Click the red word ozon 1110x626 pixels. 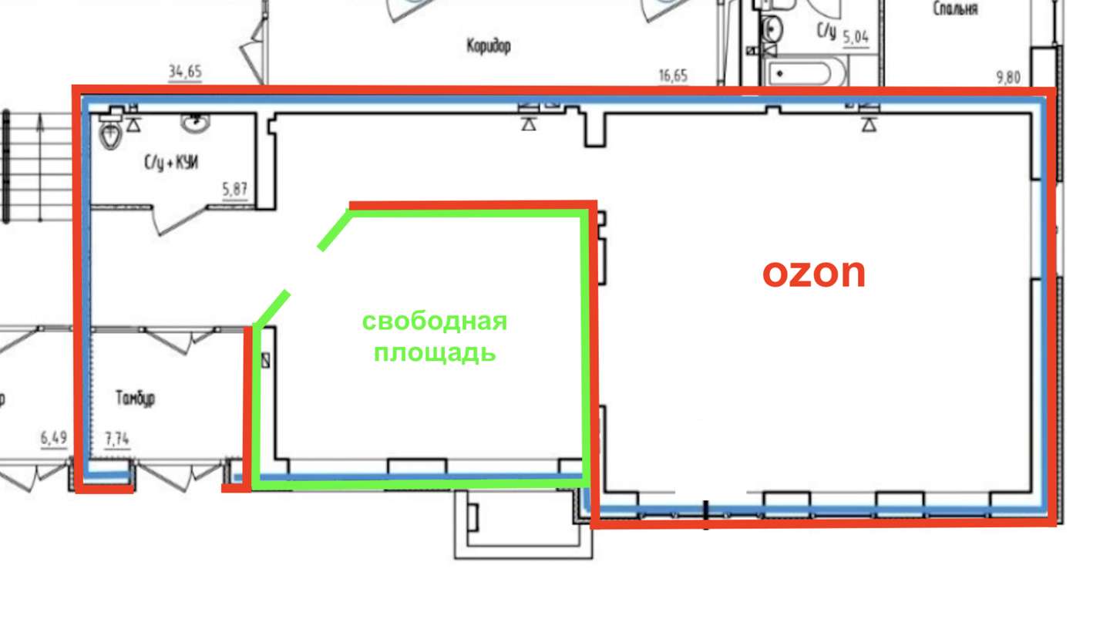[814, 273]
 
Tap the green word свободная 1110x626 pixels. [435, 321]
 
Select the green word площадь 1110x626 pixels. [435, 353]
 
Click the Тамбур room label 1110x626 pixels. [135, 398]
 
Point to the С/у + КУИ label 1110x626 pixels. [171, 163]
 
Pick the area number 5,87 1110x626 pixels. [234, 189]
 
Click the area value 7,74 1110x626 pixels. [117, 439]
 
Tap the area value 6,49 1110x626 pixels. [53, 438]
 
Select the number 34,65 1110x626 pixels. [185, 72]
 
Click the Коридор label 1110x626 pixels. [488, 46]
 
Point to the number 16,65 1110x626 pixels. [673, 76]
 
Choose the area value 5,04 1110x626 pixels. [856, 37]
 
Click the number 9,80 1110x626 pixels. [1008, 78]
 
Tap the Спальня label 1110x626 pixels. [955, 9]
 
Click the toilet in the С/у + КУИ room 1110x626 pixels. [110, 132]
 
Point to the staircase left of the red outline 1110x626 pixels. [37, 167]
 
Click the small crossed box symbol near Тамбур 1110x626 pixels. [266, 360]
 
